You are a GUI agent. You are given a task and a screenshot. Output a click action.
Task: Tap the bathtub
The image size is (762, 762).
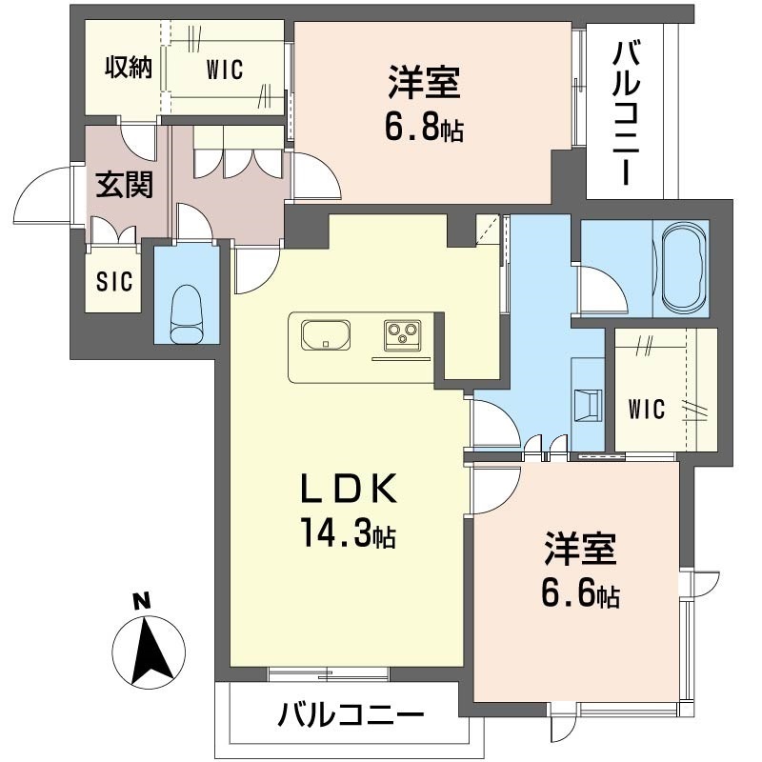(x=681, y=268)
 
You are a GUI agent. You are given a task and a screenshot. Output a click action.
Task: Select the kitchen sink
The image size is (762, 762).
(x=326, y=335)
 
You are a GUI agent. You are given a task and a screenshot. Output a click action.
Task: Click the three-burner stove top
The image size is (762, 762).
(x=402, y=335)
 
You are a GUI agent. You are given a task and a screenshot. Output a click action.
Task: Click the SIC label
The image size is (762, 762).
(x=114, y=281)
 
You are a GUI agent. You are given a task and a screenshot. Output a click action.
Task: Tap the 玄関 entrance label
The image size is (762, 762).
(x=125, y=185)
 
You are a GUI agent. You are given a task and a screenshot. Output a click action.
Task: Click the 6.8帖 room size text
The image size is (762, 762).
(x=424, y=128)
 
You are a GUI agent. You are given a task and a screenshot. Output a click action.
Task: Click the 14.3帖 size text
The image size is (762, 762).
(x=349, y=532)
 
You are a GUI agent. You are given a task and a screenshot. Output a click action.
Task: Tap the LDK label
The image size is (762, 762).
(x=349, y=488)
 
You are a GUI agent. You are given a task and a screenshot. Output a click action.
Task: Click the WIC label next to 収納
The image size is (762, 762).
(x=225, y=70)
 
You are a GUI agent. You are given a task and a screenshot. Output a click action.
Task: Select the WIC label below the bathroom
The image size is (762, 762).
(x=646, y=409)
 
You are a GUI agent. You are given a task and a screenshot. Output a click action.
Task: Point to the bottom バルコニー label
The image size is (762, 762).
(x=351, y=713)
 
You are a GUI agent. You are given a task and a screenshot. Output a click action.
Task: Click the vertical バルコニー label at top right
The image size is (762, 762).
(x=626, y=113)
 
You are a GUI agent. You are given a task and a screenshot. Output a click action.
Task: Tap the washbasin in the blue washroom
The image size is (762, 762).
(x=589, y=404)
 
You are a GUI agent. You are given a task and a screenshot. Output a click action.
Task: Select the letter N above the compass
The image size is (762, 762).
(x=141, y=602)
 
